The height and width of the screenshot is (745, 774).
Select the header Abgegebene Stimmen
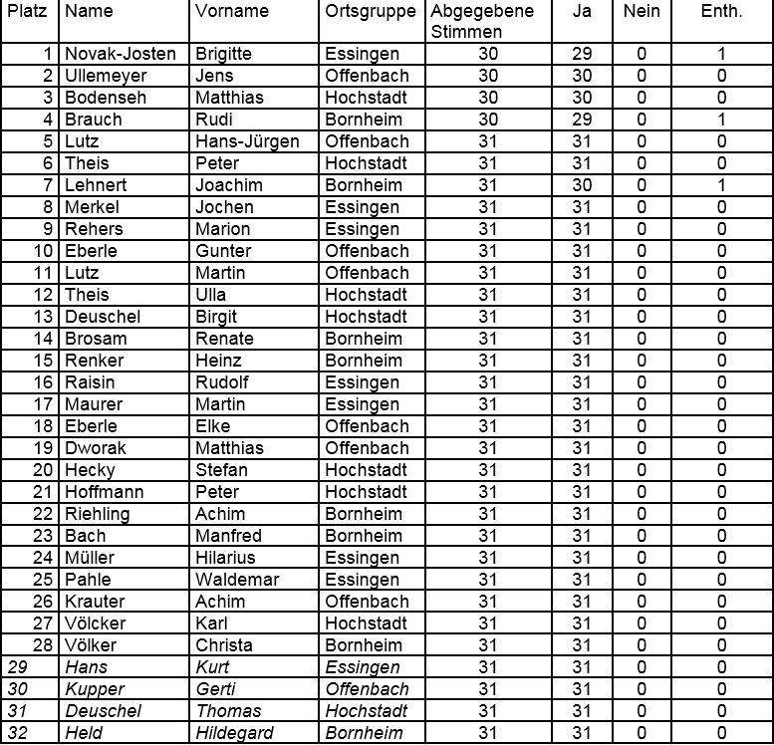tap(483, 21)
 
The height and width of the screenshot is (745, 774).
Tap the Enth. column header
tap(721, 12)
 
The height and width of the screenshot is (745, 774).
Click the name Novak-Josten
tap(121, 54)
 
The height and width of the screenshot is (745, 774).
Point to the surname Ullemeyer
tap(106, 76)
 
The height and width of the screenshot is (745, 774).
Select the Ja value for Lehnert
tap(582, 185)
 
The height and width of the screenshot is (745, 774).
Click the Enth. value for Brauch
tap(722, 120)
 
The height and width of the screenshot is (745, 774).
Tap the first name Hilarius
tap(225, 558)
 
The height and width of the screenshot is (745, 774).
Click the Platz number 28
tap(43, 645)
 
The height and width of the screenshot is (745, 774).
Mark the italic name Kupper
tap(93, 689)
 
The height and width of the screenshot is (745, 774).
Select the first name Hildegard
tap(236, 733)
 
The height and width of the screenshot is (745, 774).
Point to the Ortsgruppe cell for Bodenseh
tap(366, 98)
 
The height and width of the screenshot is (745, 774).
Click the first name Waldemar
tap(237, 580)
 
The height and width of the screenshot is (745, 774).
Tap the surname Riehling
tap(98, 514)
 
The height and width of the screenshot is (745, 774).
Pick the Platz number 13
tap(43, 317)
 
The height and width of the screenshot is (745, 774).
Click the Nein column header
tap(642, 12)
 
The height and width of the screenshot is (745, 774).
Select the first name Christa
tap(224, 645)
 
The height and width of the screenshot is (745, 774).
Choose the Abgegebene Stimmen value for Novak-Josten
tap(488, 54)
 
